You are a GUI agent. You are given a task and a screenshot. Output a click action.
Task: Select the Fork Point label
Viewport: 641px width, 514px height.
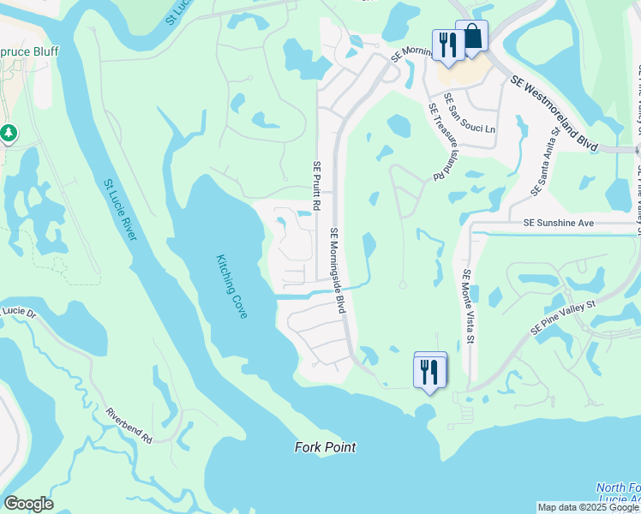click(325, 447)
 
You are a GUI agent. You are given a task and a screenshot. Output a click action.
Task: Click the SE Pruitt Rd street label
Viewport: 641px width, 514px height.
click(316, 194)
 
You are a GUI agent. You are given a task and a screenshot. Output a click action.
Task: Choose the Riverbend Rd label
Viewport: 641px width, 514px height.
click(129, 426)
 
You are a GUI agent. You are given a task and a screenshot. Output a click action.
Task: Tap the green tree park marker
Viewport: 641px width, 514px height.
click(9, 133)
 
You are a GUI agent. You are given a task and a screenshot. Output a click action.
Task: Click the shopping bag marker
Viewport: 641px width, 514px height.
click(471, 38)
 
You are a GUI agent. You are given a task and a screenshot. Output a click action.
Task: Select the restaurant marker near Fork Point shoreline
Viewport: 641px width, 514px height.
click(430, 370)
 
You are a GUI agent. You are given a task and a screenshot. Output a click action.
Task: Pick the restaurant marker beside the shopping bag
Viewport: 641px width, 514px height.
click(447, 45)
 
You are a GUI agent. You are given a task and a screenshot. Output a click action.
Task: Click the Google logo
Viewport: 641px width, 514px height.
click(27, 504)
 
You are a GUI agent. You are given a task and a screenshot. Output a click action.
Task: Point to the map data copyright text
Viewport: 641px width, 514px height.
click(587, 507)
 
